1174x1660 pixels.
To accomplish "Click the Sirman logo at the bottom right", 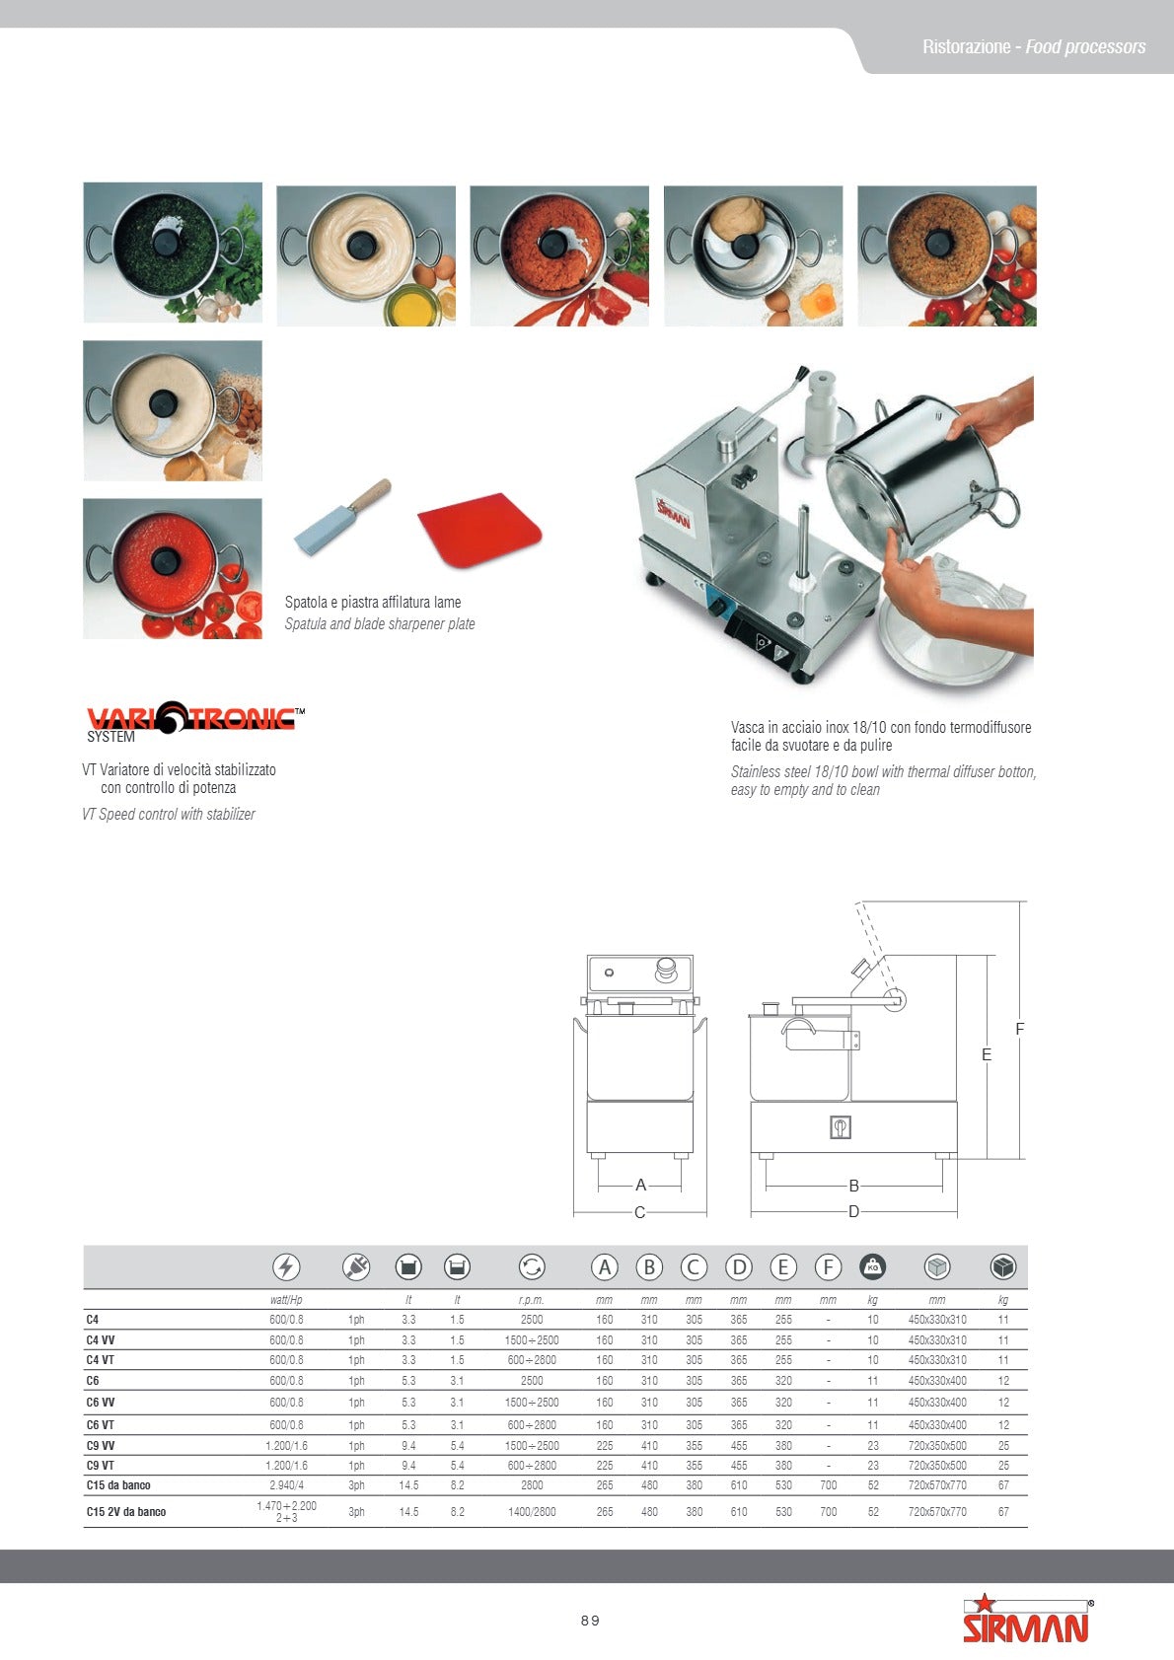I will (x=1027, y=1621).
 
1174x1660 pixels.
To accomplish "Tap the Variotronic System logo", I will (x=192, y=719).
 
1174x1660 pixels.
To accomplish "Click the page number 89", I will (x=590, y=1621).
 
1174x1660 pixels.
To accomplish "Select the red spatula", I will (x=478, y=531).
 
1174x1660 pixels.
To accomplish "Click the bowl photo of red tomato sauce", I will (x=173, y=568).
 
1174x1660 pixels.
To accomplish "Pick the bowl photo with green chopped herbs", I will (x=173, y=252).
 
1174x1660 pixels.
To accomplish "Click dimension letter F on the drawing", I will (x=1020, y=1030).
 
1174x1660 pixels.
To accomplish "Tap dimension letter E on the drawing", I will (x=987, y=1055).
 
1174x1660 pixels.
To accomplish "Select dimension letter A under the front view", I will (x=640, y=1185).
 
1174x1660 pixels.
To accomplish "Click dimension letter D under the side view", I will (x=854, y=1211).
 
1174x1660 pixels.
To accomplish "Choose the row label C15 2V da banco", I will (x=126, y=1512).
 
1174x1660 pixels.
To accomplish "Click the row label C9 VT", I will (x=101, y=1466).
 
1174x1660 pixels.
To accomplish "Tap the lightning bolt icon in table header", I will (x=286, y=1267).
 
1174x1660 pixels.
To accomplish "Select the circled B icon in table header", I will (x=649, y=1267).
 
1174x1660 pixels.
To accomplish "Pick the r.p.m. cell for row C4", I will (x=532, y=1320).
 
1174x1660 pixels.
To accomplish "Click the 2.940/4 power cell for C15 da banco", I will (x=286, y=1485).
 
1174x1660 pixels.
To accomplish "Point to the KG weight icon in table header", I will (x=873, y=1267).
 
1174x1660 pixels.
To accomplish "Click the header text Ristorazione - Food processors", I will (x=1034, y=47).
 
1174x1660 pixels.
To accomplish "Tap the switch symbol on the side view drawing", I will (x=840, y=1127).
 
